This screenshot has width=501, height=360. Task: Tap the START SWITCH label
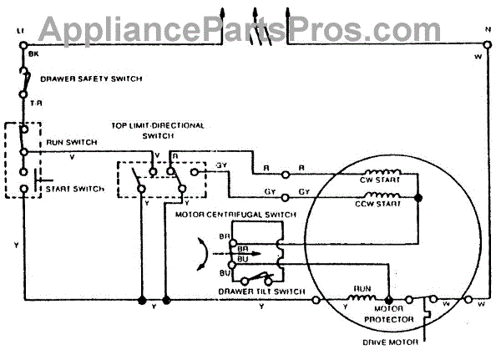click(75, 189)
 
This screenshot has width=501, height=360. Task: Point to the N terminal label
click(487, 31)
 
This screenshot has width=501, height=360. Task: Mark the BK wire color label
click(33, 53)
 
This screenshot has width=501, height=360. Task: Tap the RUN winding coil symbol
click(361, 299)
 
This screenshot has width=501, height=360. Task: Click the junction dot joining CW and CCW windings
click(418, 197)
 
